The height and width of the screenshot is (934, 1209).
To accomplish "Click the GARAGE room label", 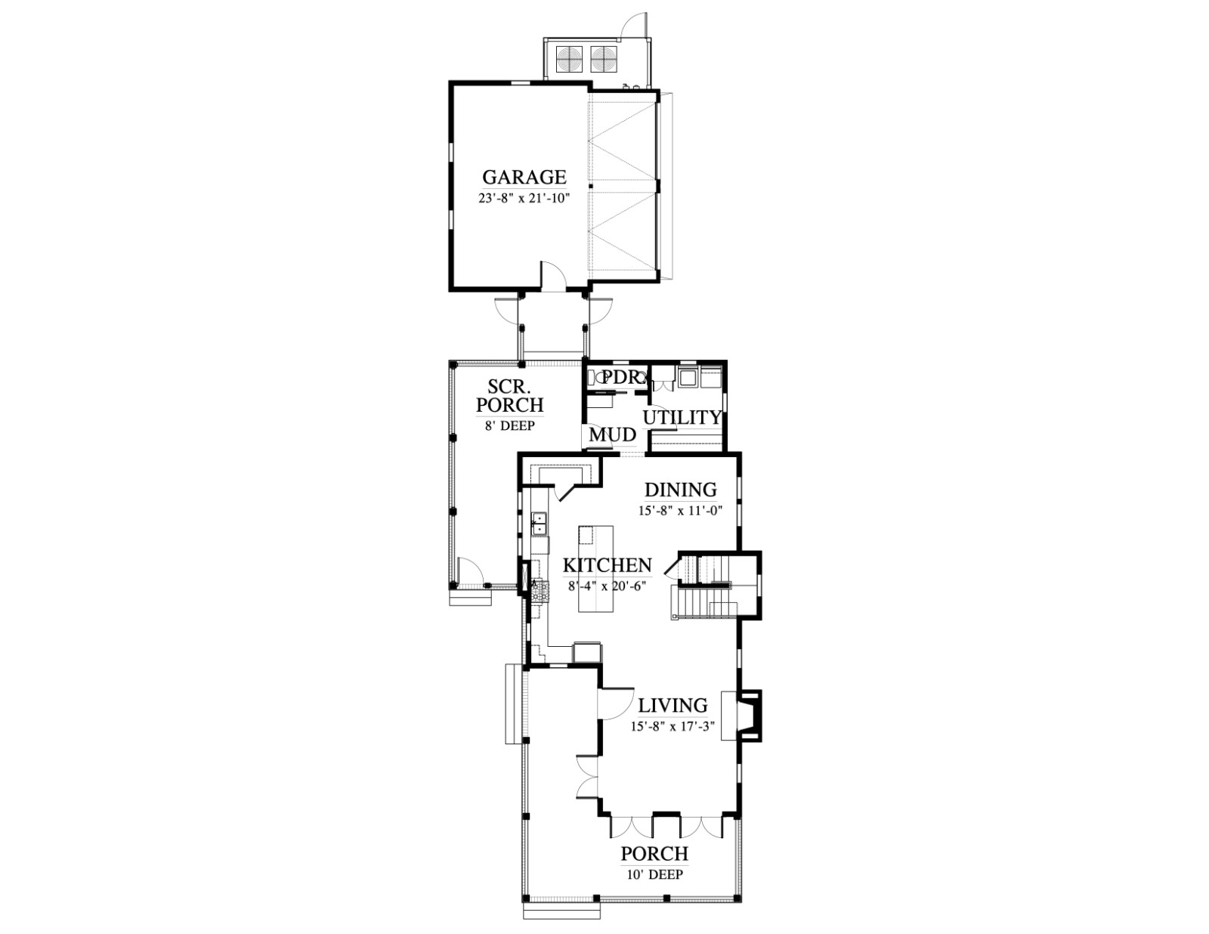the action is coord(524,177).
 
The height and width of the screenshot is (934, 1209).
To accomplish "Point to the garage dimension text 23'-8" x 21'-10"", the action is coord(524,199).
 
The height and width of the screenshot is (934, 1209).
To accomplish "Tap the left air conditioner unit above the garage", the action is coord(569,57).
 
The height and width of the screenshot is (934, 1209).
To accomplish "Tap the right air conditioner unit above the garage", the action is coord(603,57).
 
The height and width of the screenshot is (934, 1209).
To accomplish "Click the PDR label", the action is coord(621,377).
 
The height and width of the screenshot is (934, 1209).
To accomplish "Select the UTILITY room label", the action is coord(682,417).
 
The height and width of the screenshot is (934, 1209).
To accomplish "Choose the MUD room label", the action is coord(613,435).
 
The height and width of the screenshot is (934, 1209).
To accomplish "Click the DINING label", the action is coord(681,490).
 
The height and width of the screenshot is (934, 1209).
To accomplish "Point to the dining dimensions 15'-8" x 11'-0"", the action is coord(681,511).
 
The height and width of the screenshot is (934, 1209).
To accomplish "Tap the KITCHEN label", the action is coord(607,565).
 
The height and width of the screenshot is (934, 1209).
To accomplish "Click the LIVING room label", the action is coord(673,705).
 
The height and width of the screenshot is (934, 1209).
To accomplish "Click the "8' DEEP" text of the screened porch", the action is coord(509,425).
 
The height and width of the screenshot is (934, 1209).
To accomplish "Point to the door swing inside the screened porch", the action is coord(470,571).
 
